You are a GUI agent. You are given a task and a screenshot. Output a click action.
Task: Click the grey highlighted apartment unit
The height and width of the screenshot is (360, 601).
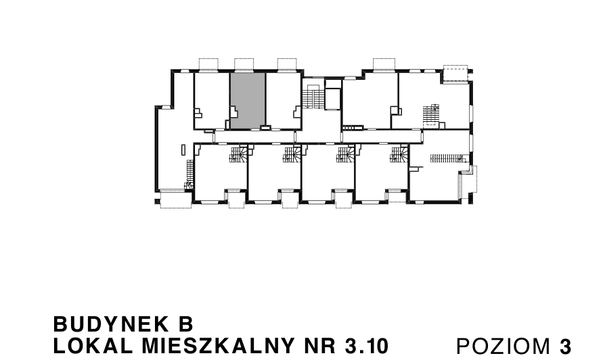[248, 101]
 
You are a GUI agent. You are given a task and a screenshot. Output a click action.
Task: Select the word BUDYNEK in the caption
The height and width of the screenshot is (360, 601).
[111, 324]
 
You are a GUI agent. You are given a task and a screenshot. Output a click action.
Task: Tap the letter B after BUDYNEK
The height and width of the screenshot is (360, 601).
[185, 324]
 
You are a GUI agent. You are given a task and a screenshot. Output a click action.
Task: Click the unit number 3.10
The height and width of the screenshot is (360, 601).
[367, 346]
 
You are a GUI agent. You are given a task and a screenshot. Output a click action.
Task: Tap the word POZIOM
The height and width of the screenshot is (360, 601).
[504, 346]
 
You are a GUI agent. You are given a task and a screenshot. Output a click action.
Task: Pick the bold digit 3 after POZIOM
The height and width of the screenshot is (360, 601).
[565, 346]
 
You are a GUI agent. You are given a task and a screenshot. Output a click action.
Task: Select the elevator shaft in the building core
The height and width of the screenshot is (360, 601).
[332, 99]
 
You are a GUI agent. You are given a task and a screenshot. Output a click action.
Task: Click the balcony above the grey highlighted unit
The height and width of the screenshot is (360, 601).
[244, 64]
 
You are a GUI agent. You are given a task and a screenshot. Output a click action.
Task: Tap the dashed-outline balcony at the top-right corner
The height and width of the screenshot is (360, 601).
[455, 73]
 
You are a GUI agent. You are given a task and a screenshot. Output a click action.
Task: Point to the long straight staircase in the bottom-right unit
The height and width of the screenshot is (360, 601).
[447, 158]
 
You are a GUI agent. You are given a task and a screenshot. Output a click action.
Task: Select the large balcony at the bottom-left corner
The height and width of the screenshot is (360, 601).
[175, 199]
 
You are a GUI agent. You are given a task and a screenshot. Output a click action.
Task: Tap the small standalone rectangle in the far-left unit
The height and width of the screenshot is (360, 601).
[183, 150]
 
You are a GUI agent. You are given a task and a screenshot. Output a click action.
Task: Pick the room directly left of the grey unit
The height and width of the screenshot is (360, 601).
[212, 101]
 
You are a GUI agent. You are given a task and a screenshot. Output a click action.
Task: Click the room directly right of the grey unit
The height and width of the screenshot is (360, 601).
[284, 101]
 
